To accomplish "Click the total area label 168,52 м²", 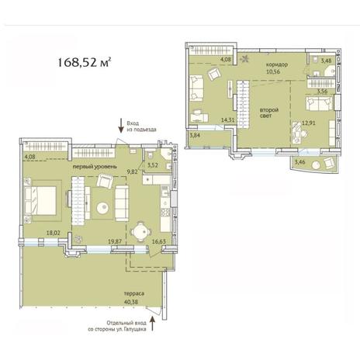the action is (x=84, y=63).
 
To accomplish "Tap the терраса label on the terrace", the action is (x=134, y=294).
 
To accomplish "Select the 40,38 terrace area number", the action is (x=131, y=302).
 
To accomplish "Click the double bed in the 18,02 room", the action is (x=40, y=200).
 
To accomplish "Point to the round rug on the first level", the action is (x=103, y=208).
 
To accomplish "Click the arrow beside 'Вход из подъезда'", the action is (x=121, y=126).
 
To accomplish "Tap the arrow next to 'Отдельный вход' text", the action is (x=152, y=324).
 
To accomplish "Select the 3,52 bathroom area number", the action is (x=153, y=164).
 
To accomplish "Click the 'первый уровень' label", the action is (x=95, y=167).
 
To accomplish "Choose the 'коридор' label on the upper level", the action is (x=277, y=64).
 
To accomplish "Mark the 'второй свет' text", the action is (x=269, y=112).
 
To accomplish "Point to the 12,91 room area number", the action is (x=309, y=123).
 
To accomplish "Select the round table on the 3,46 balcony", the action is (x=316, y=164).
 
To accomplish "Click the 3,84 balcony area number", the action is (x=195, y=135).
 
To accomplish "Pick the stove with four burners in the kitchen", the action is (x=165, y=213).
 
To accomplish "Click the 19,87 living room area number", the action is (x=115, y=241).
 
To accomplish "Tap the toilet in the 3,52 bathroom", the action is (x=150, y=155).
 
